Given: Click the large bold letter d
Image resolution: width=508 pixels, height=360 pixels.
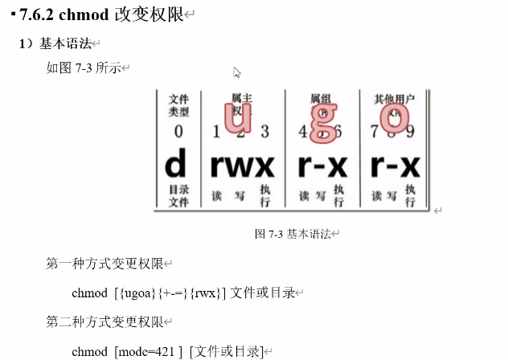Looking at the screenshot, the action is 176,166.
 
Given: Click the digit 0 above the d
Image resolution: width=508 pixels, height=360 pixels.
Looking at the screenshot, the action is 178,131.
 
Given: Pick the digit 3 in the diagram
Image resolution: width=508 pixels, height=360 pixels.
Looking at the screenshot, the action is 264,131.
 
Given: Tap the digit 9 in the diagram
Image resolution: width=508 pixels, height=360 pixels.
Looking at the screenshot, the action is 409,131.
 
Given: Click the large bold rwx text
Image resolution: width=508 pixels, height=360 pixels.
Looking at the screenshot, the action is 242,166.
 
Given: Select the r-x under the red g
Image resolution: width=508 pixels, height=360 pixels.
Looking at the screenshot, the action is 322,166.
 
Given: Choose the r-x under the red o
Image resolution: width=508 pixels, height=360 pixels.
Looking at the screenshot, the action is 395,166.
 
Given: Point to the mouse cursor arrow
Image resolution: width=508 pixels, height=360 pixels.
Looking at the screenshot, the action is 237,72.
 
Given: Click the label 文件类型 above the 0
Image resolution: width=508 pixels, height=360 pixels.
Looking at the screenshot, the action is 178,105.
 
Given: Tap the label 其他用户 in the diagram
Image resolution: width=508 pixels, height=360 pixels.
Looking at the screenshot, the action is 394,100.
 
